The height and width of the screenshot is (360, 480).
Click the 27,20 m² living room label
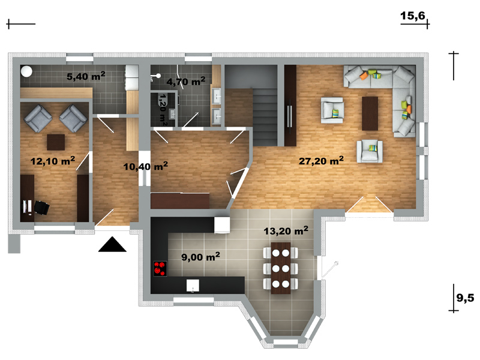coord(321,160)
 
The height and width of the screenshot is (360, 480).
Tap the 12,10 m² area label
coord(53,161)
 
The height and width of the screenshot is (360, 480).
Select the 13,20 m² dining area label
coord(286,230)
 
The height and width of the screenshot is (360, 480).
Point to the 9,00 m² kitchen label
coord(200,257)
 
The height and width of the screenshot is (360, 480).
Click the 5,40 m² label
coord(86,76)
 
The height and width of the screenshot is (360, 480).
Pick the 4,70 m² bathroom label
coord(186,82)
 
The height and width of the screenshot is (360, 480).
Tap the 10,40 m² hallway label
coord(145,166)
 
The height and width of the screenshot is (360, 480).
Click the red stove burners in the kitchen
coord(160,269)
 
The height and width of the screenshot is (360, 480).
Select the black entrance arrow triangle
coord(112,244)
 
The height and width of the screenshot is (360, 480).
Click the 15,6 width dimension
coord(413,16)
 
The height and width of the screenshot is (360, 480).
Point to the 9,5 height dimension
coord(465,298)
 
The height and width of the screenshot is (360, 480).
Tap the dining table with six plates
coord(281,268)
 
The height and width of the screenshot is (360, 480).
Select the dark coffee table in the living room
coord(370,113)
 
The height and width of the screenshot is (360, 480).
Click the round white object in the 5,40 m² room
coord(26,71)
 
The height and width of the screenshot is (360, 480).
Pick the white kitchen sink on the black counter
coord(193,286)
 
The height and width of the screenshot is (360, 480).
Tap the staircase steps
coord(265,117)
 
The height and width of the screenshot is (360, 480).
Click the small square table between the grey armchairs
coord(56,142)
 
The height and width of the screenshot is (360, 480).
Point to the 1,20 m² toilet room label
coord(163,110)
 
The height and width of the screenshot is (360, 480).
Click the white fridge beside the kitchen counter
coord(222,225)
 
